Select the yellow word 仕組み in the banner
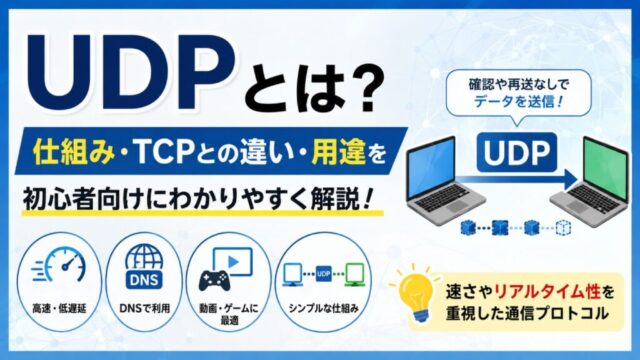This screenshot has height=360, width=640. point(74,151)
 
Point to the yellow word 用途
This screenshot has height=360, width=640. point(338,151)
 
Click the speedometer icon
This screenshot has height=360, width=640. point(60,264)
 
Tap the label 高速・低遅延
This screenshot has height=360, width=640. point(59,309)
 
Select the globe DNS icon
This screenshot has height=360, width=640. point(144,267)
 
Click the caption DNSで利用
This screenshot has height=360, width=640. point(144,309)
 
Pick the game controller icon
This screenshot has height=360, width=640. point(215,280)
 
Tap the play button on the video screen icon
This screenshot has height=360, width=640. point(233,262)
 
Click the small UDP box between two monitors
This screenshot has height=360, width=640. point(324,273)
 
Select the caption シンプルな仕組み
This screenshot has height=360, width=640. point(323,309)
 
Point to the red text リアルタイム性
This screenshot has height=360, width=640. point(547,292)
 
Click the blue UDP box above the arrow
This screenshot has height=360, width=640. point(517,152)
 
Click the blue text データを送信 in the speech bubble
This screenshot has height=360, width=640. point(518,101)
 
